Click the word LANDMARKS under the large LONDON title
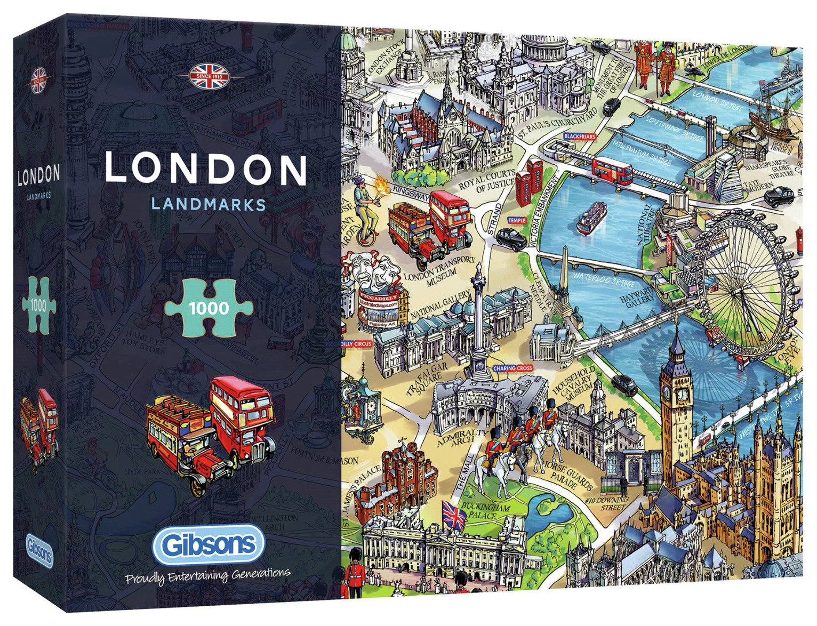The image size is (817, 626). (209, 204)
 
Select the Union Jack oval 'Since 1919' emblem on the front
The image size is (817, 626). (209, 75)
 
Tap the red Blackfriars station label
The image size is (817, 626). (579, 137)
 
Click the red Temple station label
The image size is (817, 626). (516, 220)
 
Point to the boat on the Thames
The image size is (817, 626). (592, 218)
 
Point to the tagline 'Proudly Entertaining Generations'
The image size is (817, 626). (208, 576)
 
